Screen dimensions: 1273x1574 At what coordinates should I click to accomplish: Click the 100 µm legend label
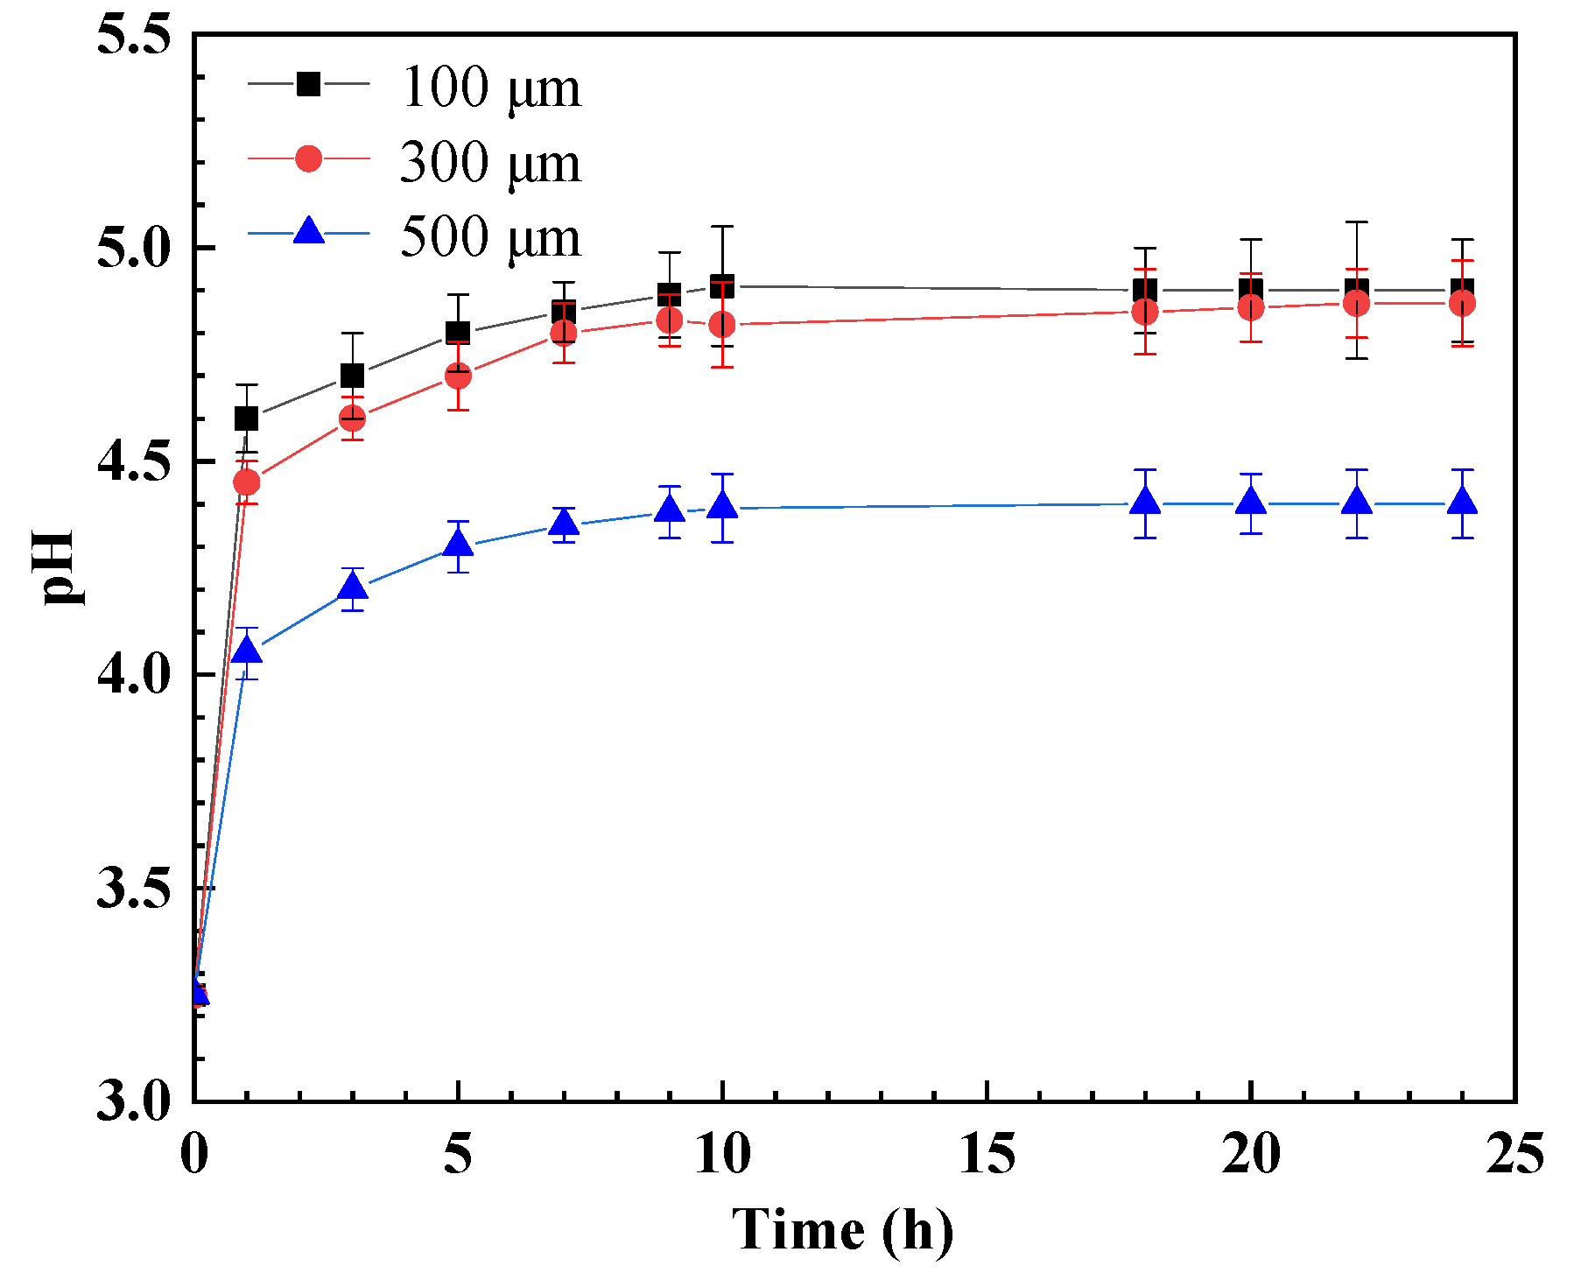[x=490, y=88]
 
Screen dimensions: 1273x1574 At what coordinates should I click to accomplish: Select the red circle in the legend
[x=308, y=158]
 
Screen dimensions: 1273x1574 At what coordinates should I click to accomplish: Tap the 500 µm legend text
[x=490, y=237]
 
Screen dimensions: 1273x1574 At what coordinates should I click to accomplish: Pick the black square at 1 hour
[x=247, y=418]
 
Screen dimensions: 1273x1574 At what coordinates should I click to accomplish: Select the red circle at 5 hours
[x=458, y=376]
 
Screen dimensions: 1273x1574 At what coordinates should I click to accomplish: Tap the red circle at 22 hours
[x=1357, y=304]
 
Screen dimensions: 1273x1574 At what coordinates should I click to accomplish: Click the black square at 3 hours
[x=352, y=376]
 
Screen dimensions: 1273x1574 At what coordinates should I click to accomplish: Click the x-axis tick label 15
[x=987, y=1154]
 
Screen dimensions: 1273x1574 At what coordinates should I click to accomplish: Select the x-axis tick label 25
[x=1514, y=1154]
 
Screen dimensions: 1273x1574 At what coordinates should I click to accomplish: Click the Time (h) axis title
[x=842, y=1229]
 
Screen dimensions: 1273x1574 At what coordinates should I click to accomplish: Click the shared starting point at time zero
[x=197, y=993]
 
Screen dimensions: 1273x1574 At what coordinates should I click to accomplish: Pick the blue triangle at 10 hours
[x=722, y=507]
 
